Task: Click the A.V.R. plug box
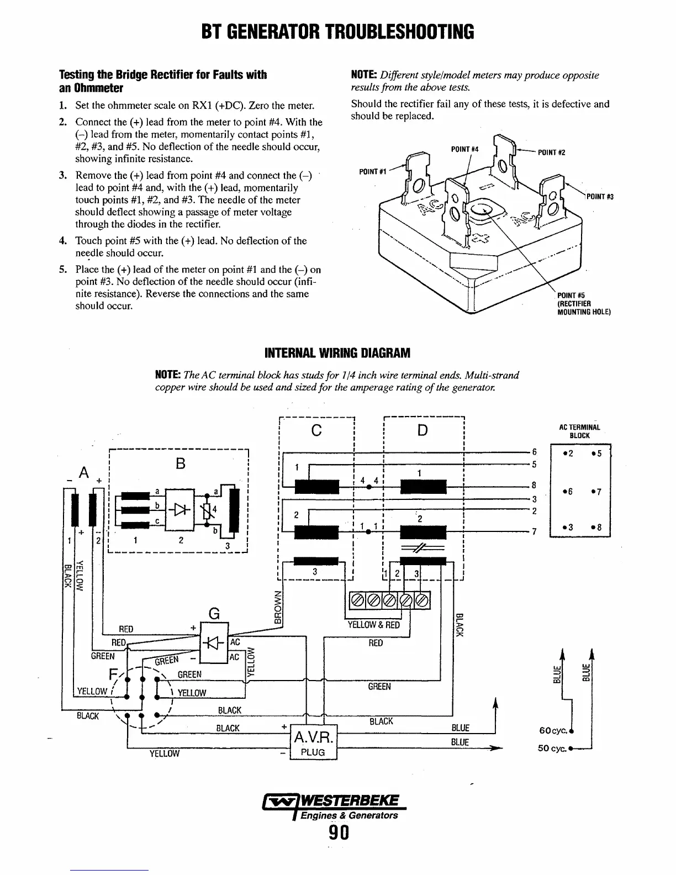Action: point(313,742)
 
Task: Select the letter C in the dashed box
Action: point(316,430)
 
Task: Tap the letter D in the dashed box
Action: point(422,430)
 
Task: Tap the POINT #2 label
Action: point(552,152)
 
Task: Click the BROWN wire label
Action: point(278,607)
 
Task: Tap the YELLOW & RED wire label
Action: point(373,625)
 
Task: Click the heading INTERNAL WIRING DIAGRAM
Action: point(337,352)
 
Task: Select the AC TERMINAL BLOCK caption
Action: point(579,431)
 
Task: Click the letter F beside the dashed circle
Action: point(114,675)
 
